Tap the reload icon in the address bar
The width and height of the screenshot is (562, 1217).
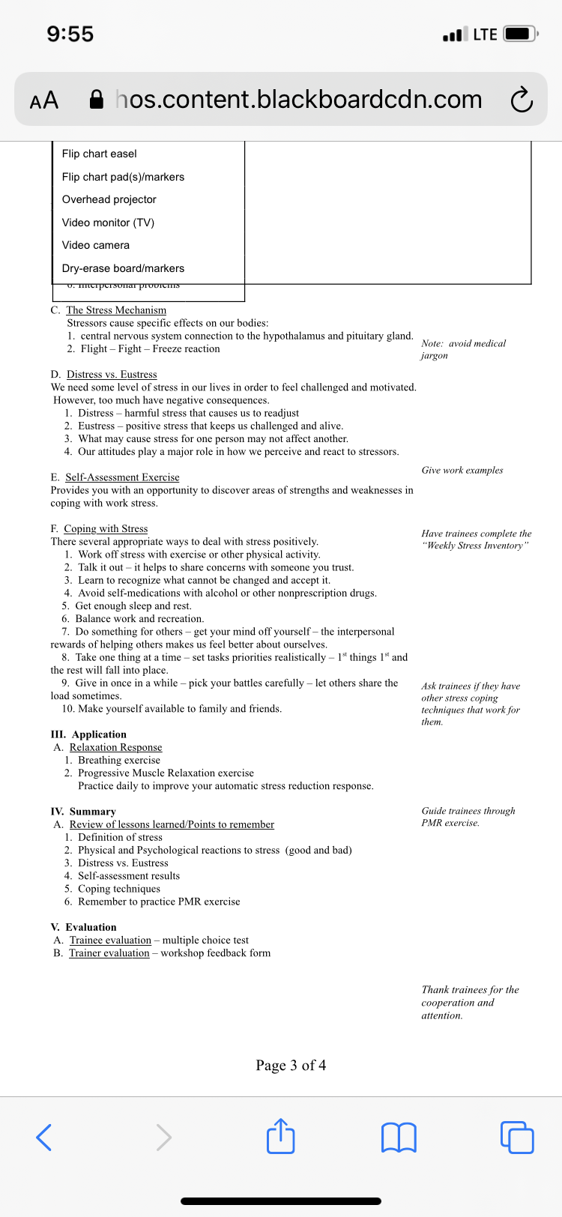521,100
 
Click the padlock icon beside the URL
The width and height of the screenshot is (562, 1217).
97,100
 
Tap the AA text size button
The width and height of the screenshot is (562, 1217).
43,100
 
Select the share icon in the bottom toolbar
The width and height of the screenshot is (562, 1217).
281,1136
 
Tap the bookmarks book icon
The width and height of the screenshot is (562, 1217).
399,1137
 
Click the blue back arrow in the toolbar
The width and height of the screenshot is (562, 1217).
44,1137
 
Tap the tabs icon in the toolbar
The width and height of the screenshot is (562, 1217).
516,1137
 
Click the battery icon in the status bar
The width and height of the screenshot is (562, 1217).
521,34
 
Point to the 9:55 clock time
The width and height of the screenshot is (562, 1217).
70,34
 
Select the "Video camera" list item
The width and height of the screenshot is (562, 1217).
96,245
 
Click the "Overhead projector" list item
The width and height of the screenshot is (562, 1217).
109,199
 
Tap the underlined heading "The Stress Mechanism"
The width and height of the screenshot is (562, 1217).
116,310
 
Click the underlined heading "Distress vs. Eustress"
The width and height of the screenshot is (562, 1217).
112,375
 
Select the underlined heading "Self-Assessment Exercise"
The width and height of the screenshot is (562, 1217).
122,477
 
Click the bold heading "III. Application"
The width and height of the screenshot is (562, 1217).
88,734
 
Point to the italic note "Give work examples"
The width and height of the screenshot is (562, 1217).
462,471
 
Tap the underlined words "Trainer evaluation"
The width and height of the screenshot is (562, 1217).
109,953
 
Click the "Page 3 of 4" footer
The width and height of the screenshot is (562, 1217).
291,1066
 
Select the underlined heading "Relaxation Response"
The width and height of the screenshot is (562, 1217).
115,747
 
